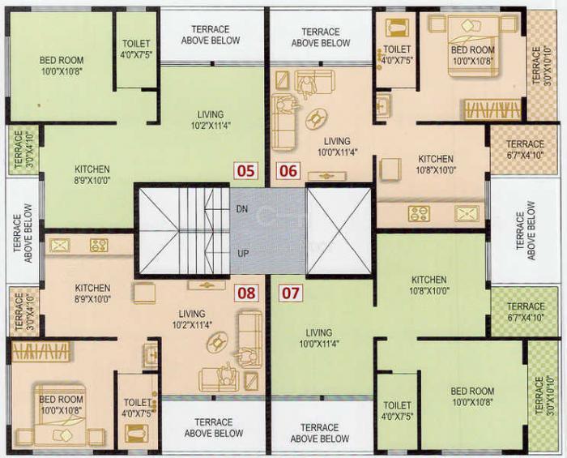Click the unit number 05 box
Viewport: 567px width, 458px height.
tap(245, 170)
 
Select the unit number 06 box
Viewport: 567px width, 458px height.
tap(288, 170)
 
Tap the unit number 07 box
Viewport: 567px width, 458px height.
tap(288, 291)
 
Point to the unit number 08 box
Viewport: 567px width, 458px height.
tap(245, 291)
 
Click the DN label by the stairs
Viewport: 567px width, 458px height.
tap(241, 209)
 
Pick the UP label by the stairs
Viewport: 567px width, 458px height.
tap(241, 254)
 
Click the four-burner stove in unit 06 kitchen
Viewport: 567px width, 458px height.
tap(419, 214)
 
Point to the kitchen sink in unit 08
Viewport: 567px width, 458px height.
tap(60, 245)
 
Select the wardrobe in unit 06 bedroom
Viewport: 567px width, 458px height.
tap(492, 109)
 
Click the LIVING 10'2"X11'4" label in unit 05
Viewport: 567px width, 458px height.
tap(211, 120)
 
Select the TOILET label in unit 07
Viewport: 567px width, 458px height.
tap(397, 411)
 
